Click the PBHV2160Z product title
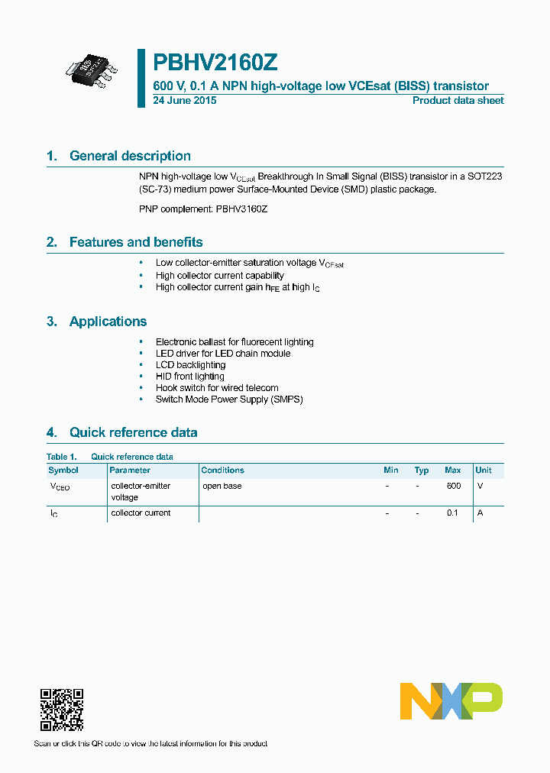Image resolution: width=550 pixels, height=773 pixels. [x=209, y=63]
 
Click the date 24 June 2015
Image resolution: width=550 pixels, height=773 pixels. [x=185, y=101]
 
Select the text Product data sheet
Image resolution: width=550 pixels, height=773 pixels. [x=458, y=101]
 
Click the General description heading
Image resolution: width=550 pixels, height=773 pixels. [x=130, y=156]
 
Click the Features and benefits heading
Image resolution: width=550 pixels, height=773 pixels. [x=136, y=242]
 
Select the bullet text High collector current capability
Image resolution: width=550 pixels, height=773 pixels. [x=219, y=275]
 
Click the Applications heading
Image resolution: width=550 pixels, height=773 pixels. [x=108, y=322]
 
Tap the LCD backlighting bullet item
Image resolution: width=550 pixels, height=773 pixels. [x=190, y=365]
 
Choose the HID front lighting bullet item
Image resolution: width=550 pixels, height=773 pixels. [x=189, y=377]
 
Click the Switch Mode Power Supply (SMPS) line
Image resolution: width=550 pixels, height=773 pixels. [x=229, y=399]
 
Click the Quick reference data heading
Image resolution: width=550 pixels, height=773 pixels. [x=133, y=432]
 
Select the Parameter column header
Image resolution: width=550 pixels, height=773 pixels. [x=130, y=471]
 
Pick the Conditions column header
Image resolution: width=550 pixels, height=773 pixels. [x=222, y=471]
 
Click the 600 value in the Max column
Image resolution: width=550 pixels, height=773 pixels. [x=453, y=486]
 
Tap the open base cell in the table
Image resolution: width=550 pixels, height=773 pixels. [x=222, y=486]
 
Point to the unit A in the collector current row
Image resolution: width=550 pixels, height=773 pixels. [x=480, y=513]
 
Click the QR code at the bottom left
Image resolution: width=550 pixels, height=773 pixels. [x=61, y=710]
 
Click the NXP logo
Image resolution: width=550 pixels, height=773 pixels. [x=451, y=700]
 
